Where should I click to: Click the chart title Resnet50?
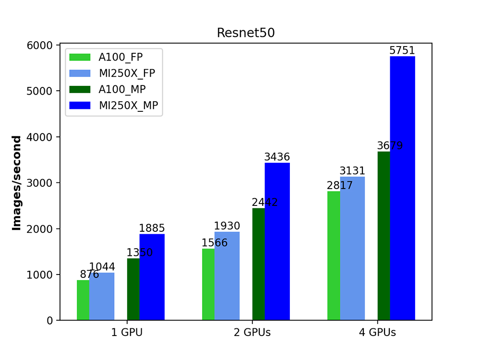[246, 33]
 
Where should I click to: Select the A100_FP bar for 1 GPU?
[83, 300]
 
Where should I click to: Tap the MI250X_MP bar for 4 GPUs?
[402, 188]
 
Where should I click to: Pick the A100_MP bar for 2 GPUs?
[258, 264]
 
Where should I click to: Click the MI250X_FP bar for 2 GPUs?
[227, 276]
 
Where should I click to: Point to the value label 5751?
[402, 50]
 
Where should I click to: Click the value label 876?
[89, 275]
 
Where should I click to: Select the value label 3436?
[277, 157]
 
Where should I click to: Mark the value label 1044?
[102, 267]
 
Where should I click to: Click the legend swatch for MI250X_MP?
[80, 105]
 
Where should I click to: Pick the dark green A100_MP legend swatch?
[80, 89]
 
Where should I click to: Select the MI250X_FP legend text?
[127, 73]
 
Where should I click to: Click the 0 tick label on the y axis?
[49, 321]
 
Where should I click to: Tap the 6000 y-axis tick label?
[41, 45]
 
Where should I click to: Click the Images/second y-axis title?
[17, 183]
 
